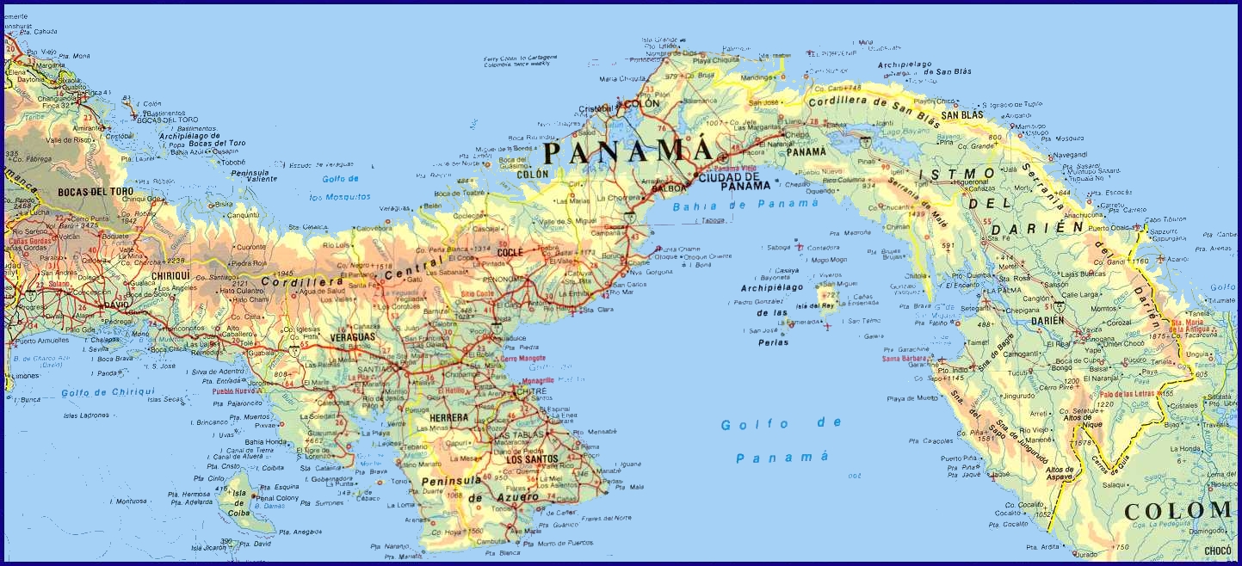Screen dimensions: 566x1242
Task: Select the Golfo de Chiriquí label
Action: tap(108, 392)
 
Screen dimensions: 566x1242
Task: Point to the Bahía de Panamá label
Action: tap(745, 205)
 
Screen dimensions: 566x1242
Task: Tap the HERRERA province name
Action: tap(448, 418)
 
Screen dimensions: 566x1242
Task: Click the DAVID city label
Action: tap(114, 305)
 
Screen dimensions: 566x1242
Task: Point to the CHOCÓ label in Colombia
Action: tap(1216, 551)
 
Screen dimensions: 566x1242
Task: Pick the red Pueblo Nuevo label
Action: tap(235, 391)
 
